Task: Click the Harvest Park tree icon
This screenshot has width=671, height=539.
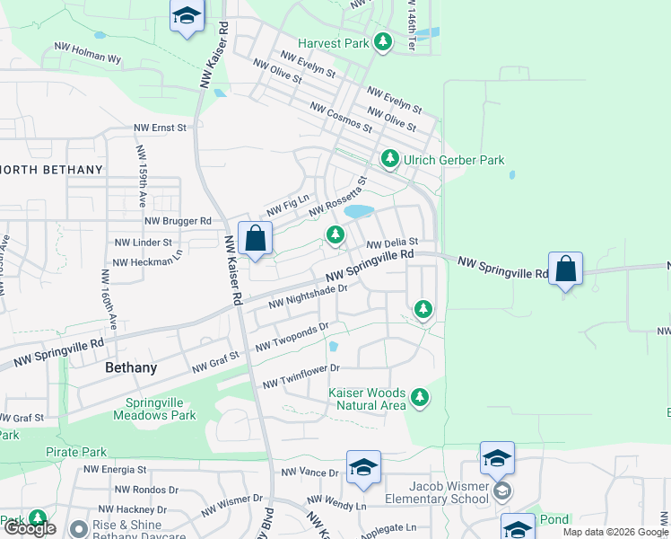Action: (x=383, y=42)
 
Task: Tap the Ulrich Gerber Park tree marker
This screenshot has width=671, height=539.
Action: (x=389, y=159)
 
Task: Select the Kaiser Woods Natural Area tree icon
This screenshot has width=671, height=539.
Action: (x=419, y=396)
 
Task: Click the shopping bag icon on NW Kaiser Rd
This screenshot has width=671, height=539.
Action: (x=255, y=240)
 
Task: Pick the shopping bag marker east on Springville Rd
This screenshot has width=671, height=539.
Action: (x=566, y=269)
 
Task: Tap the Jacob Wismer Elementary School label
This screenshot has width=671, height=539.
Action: (x=436, y=492)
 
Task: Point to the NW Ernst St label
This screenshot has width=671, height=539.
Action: (x=160, y=128)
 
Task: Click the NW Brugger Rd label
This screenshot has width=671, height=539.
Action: (x=178, y=221)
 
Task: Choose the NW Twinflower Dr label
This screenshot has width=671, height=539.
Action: (x=301, y=376)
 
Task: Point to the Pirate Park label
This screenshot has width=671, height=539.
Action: (x=76, y=452)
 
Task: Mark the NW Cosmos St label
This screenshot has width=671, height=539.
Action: (x=340, y=118)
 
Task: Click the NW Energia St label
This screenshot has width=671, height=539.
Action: (x=115, y=470)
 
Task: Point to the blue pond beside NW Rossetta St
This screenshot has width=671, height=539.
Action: (x=359, y=212)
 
